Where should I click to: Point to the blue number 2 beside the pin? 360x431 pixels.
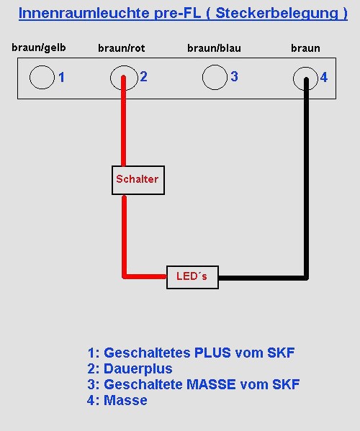point(143,77)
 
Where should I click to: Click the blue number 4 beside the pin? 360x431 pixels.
point(324,77)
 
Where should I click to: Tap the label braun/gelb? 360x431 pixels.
point(39,47)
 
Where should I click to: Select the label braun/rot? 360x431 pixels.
point(121,48)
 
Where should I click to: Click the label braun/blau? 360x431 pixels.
point(214,48)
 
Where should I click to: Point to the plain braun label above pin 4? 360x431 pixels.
point(305,48)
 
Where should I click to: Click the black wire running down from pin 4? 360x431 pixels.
point(306,178)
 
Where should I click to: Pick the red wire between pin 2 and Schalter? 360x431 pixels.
point(124,121)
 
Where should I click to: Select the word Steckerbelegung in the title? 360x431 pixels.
point(277,13)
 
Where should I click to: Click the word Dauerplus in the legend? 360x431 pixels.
point(138,368)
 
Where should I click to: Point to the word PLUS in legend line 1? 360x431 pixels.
point(212,353)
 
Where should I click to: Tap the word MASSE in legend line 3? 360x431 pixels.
point(211,384)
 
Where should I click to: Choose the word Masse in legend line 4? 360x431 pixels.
point(125,400)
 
